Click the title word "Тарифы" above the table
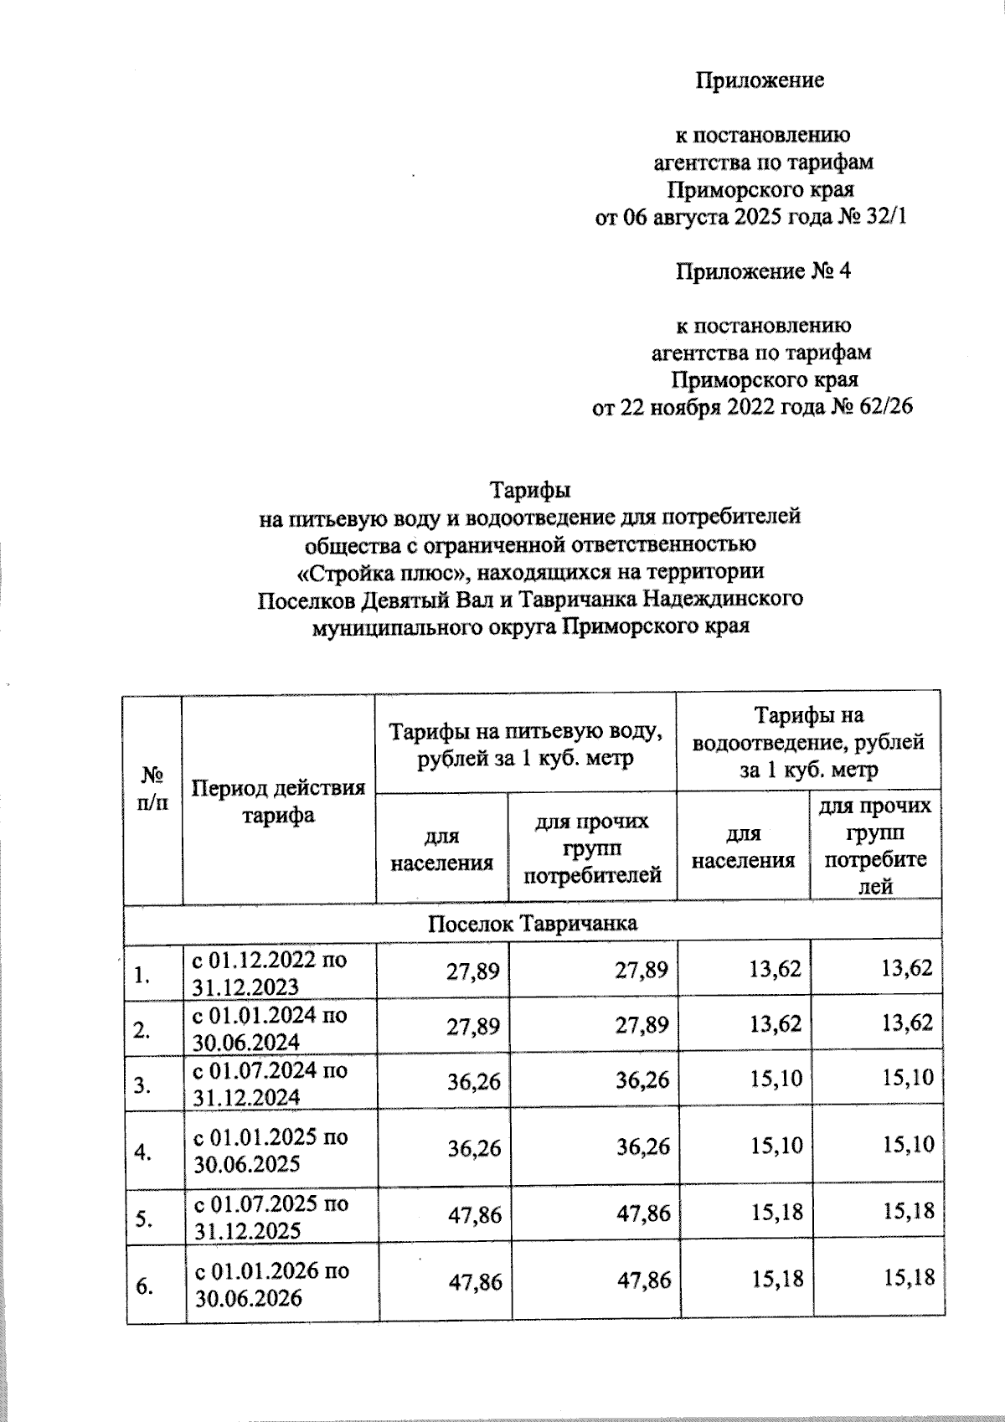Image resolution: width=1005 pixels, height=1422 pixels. [529, 488]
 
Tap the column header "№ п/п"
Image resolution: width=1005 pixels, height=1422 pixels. [152, 787]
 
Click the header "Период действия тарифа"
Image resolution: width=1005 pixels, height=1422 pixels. [279, 801]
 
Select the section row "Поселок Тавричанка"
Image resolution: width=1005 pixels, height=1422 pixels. [532, 923]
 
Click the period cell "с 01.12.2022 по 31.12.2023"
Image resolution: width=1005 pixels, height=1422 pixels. [270, 972]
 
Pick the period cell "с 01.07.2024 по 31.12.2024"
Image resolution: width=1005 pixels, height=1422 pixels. [270, 1083]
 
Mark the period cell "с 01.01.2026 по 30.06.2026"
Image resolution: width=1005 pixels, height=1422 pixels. [271, 1284]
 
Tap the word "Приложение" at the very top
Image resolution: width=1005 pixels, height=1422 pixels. [760, 80]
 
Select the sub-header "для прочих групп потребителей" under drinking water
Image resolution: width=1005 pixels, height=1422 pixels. [591, 848]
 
